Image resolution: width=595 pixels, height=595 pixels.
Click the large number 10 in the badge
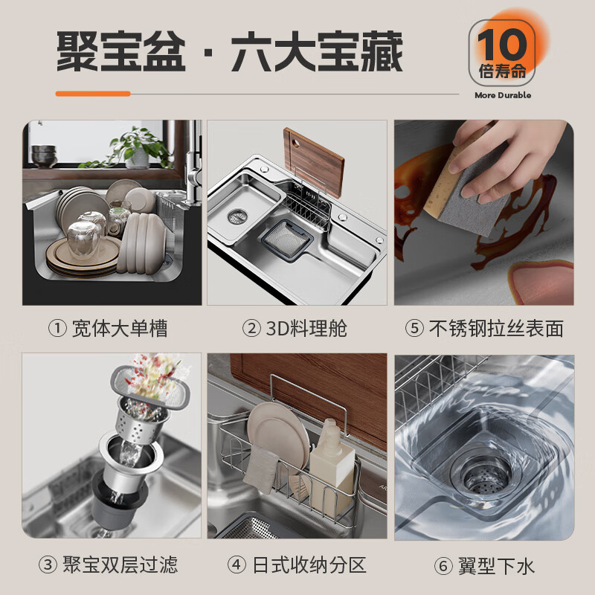(501, 44)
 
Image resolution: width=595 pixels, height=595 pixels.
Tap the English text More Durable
(503, 95)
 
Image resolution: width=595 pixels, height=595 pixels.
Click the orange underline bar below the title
(93, 94)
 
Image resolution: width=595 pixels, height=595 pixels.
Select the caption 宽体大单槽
(120, 329)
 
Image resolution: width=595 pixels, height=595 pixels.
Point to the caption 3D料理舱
(306, 329)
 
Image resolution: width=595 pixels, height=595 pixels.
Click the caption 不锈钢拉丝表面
(496, 329)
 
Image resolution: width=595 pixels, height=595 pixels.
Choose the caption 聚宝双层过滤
(120, 565)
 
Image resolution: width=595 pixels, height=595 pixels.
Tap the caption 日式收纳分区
(309, 565)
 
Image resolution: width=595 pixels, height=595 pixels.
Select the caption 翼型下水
(496, 566)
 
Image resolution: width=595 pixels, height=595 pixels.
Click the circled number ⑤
(414, 329)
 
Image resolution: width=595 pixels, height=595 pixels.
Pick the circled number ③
(48, 565)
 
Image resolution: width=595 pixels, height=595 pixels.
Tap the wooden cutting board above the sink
(314, 161)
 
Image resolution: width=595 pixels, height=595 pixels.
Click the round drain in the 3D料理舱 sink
(237, 216)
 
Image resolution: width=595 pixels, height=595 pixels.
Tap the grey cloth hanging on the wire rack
(261, 469)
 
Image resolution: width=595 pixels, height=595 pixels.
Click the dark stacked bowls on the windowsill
(44, 155)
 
